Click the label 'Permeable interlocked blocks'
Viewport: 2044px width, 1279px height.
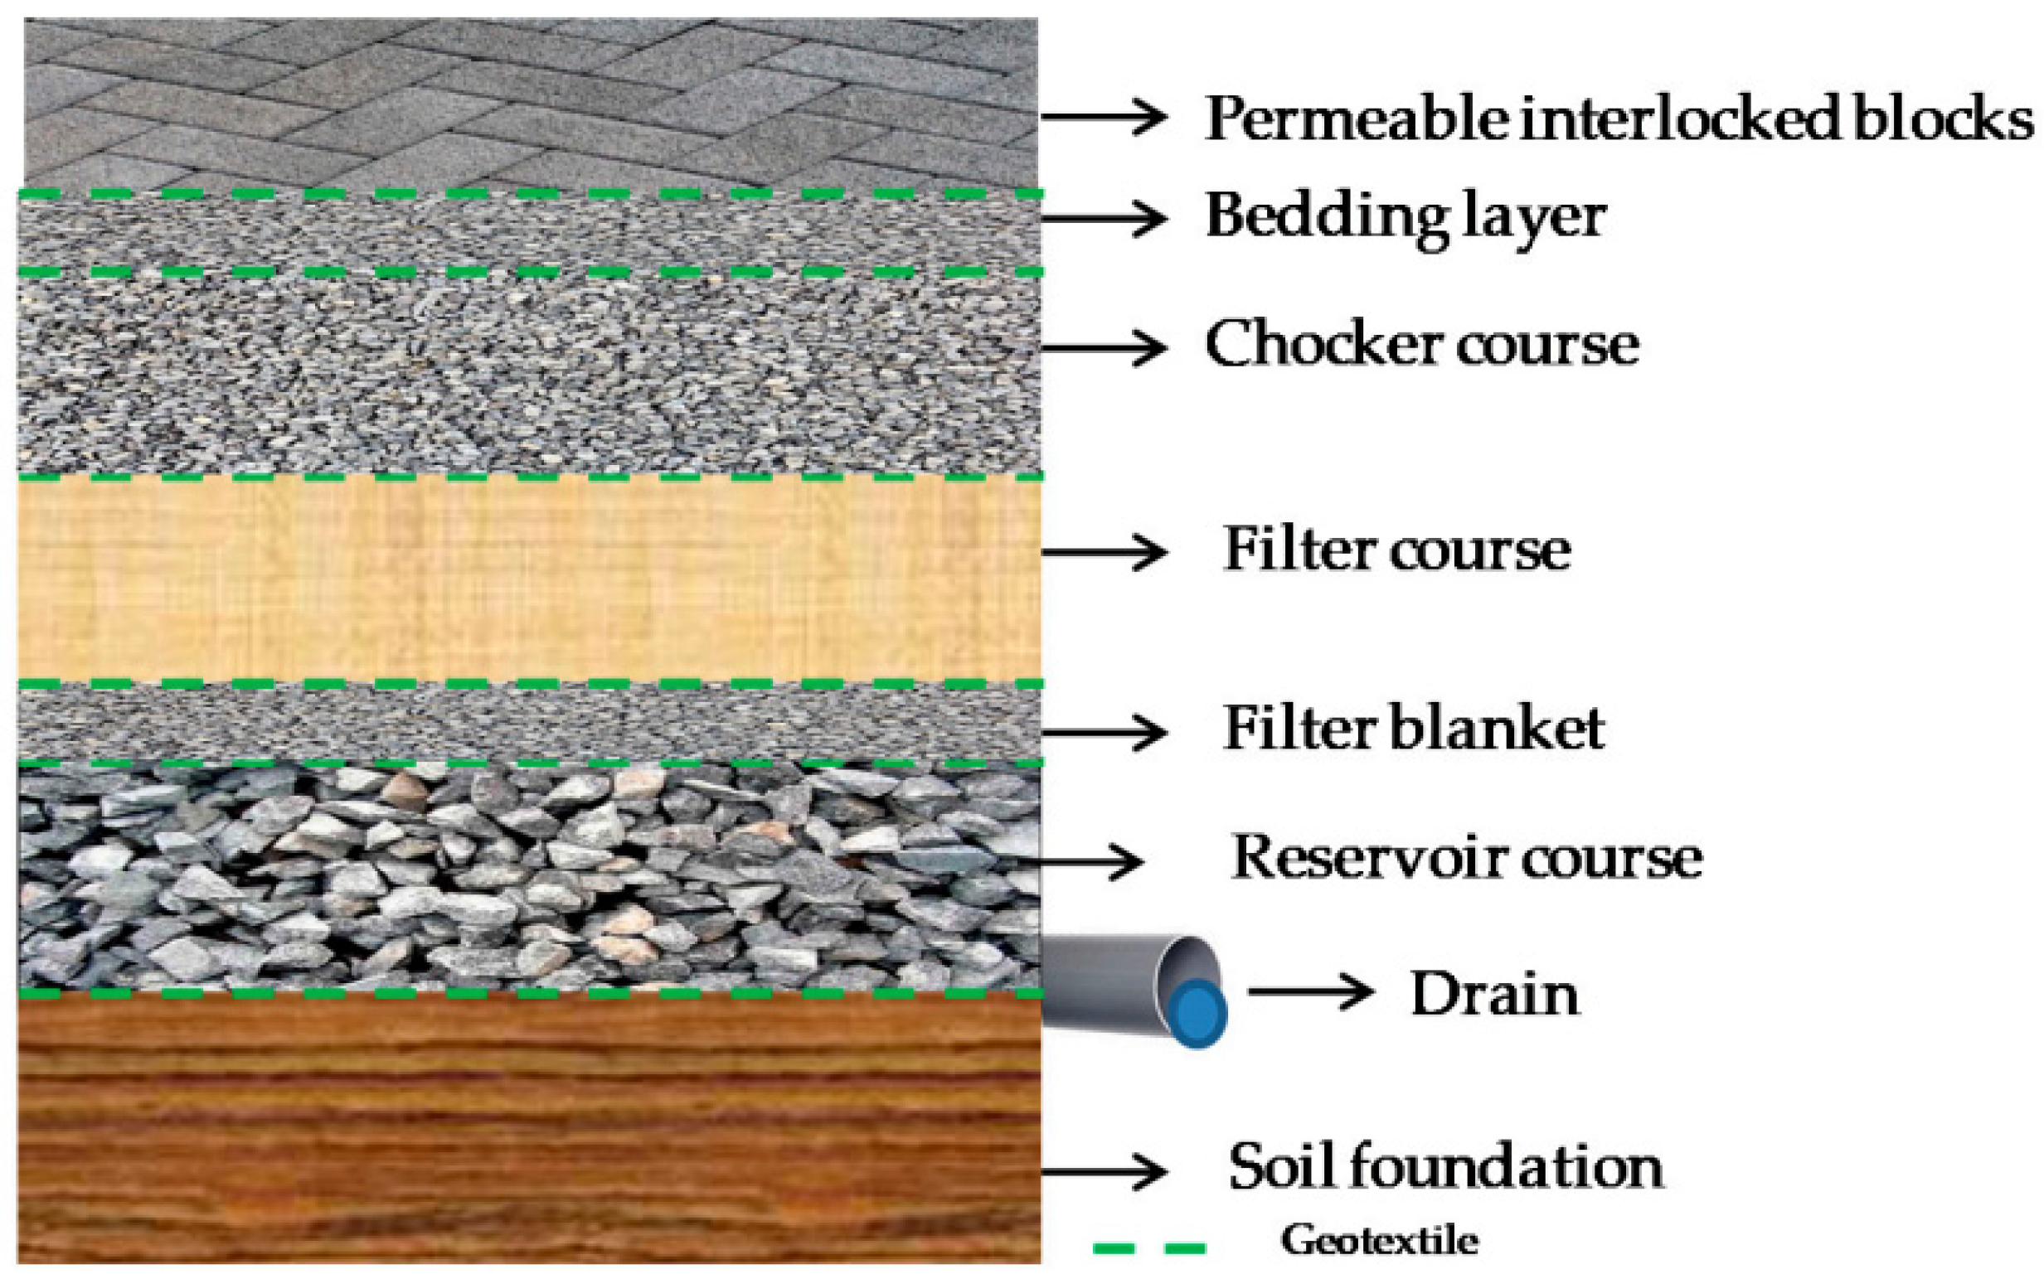click(1618, 119)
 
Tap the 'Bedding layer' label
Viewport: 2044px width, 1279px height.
click(1405, 217)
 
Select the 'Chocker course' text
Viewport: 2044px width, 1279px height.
click(1421, 345)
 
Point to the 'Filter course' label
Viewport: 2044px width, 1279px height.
click(1396, 550)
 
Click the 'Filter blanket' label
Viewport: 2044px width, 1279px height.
click(1414, 729)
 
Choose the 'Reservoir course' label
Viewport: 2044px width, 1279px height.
click(1466, 859)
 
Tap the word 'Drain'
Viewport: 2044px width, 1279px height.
click(1494, 995)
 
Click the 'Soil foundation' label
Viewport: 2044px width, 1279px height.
click(1446, 1168)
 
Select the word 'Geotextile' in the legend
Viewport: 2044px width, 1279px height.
click(1380, 1241)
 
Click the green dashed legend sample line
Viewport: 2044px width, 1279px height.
click(1149, 1248)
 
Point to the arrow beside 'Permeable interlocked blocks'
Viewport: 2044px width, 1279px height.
click(1103, 117)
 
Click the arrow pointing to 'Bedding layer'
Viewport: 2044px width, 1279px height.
click(1103, 217)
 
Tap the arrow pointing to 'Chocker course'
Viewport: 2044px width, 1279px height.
click(1103, 346)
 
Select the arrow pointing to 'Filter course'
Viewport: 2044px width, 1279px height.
click(1103, 551)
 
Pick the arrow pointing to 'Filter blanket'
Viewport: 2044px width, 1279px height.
click(1103, 733)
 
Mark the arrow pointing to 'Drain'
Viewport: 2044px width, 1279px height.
click(1309, 991)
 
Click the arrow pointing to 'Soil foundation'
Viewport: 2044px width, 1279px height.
click(1103, 1171)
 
